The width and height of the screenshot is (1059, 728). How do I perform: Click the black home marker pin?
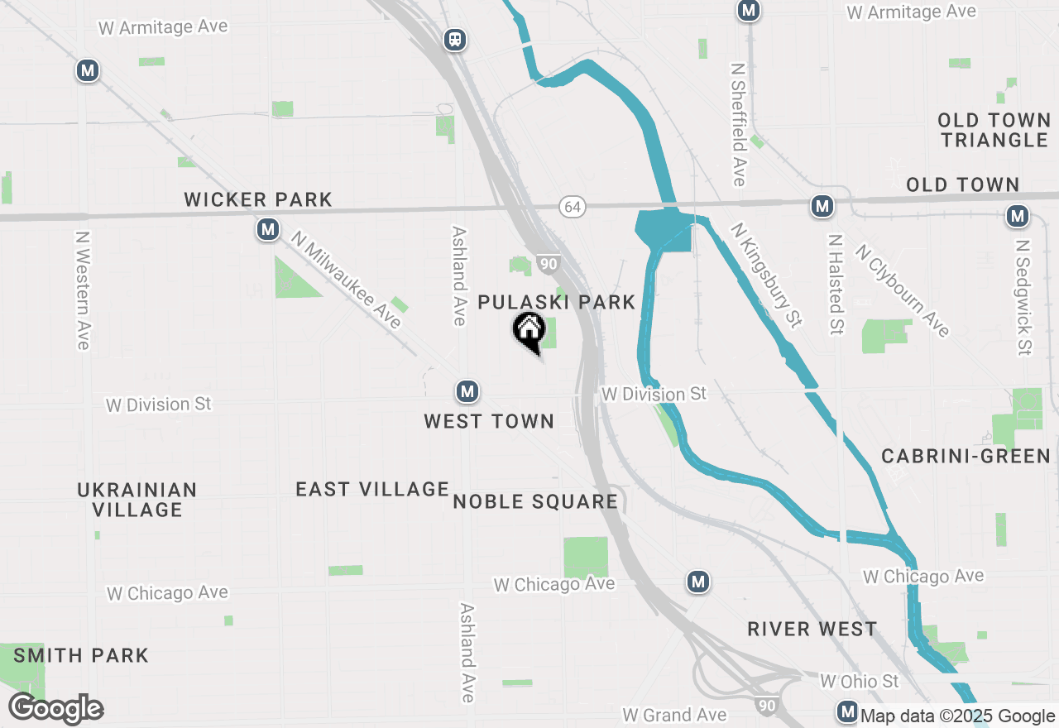(x=529, y=332)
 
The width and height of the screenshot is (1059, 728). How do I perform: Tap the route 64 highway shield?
(x=572, y=206)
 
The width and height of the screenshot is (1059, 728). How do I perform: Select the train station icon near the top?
(x=454, y=39)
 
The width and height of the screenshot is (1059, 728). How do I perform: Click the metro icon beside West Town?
(x=467, y=391)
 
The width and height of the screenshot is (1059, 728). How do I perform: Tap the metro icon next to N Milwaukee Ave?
(x=267, y=229)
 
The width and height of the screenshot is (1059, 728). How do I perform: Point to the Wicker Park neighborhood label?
(x=258, y=199)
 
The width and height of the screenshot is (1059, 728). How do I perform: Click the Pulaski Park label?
(x=557, y=302)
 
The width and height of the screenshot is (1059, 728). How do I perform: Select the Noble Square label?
(x=535, y=501)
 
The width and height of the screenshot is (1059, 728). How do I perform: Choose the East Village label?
(x=372, y=489)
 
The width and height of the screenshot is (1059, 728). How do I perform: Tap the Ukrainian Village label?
(x=137, y=500)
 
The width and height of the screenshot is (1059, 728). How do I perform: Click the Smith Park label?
(x=81, y=656)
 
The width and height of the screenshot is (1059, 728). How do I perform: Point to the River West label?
(x=812, y=629)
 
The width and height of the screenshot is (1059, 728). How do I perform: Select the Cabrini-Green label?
(x=966, y=456)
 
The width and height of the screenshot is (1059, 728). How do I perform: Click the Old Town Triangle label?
(x=994, y=130)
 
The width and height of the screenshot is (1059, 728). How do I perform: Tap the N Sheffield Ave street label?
(x=739, y=122)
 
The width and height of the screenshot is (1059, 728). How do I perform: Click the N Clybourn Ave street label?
(x=902, y=290)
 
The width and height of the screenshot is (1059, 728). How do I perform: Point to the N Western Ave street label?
(x=82, y=290)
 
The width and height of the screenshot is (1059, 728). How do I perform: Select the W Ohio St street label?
(x=859, y=682)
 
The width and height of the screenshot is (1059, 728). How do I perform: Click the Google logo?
(x=56, y=709)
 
